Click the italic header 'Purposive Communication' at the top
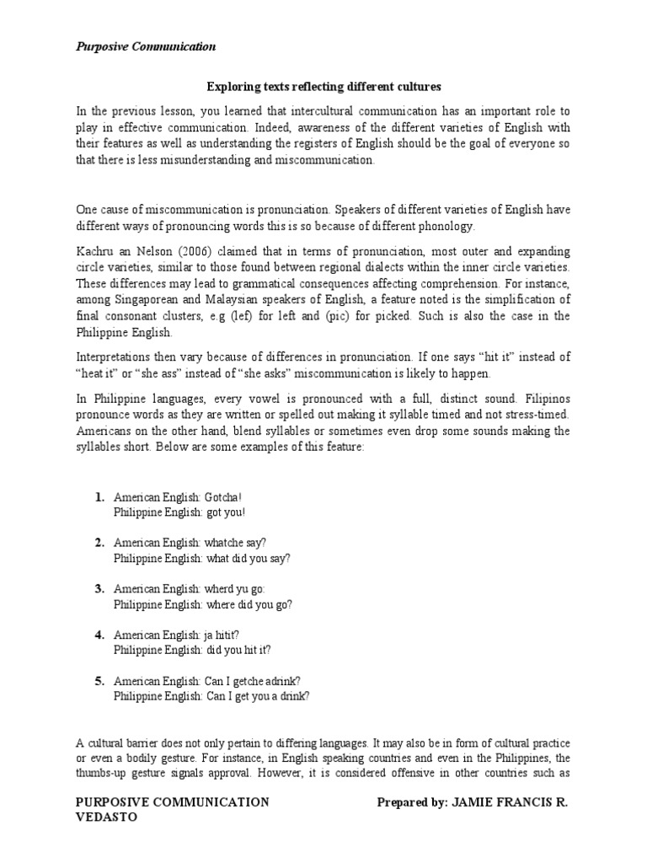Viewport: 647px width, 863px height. coord(146,47)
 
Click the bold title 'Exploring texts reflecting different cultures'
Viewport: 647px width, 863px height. coord(323,87)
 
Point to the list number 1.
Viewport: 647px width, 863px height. coord(99,498)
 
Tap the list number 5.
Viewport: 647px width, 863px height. coord(99,680)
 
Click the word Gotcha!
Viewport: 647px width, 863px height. coord(223,498)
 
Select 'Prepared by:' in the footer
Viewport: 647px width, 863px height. coord(410,802)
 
